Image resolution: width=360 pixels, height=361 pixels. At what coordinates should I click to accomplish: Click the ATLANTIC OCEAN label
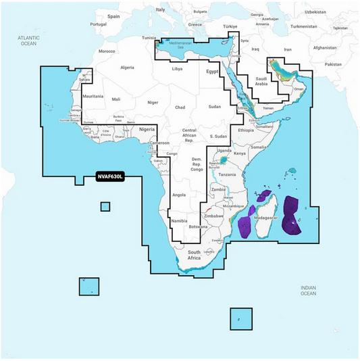click(x=29, y=40)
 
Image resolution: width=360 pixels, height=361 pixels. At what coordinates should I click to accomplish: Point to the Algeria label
click(x=128, y=68)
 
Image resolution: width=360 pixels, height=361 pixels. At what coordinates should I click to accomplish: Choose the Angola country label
click(x=179, y=195)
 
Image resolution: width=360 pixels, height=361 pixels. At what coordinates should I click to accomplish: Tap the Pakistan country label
click(x=333, y=64)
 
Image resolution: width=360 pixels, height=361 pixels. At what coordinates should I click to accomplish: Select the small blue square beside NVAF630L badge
click(x=105, y=207)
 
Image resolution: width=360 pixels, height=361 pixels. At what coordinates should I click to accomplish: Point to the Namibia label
click(x=178, y=221)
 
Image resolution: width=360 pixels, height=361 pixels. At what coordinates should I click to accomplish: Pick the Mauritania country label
click(x=92, y=97)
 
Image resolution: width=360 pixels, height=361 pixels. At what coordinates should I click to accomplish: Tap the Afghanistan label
click(x=324, y=47)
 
